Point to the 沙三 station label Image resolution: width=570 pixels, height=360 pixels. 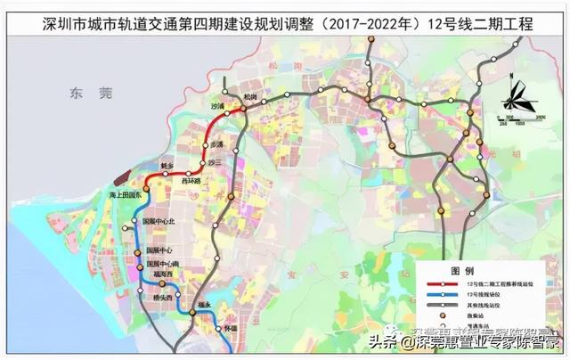coord(213,163)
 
